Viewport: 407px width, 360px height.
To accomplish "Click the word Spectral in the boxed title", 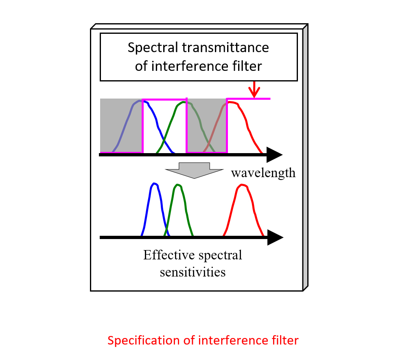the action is (153, 48).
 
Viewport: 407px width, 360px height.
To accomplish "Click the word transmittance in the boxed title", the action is (225, 47).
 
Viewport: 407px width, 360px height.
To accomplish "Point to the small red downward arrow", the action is (254, 89).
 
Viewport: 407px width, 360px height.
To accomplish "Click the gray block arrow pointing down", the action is (194, 170).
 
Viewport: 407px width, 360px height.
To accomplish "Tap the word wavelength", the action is (263, 173).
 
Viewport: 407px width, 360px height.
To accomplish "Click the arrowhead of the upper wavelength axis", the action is (274, 155).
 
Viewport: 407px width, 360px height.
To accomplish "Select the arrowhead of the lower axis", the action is (275, 237).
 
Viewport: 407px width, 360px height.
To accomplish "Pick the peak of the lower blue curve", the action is (154, 183).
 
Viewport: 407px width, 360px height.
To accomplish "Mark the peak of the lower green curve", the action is (178, 184).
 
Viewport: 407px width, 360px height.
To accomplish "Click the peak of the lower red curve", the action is (243, 184).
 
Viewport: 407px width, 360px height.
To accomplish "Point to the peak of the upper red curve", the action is (232, 102).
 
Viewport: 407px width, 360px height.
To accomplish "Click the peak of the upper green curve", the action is (184, 102).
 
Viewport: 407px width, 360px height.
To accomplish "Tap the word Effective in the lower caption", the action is (169, 255).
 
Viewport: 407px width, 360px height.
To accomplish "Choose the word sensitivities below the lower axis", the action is (193, 272).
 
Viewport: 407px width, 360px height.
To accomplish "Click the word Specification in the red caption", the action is (144, 340).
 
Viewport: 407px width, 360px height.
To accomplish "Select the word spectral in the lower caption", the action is (220, 255).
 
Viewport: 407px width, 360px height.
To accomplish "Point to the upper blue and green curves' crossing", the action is (164, 140).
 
